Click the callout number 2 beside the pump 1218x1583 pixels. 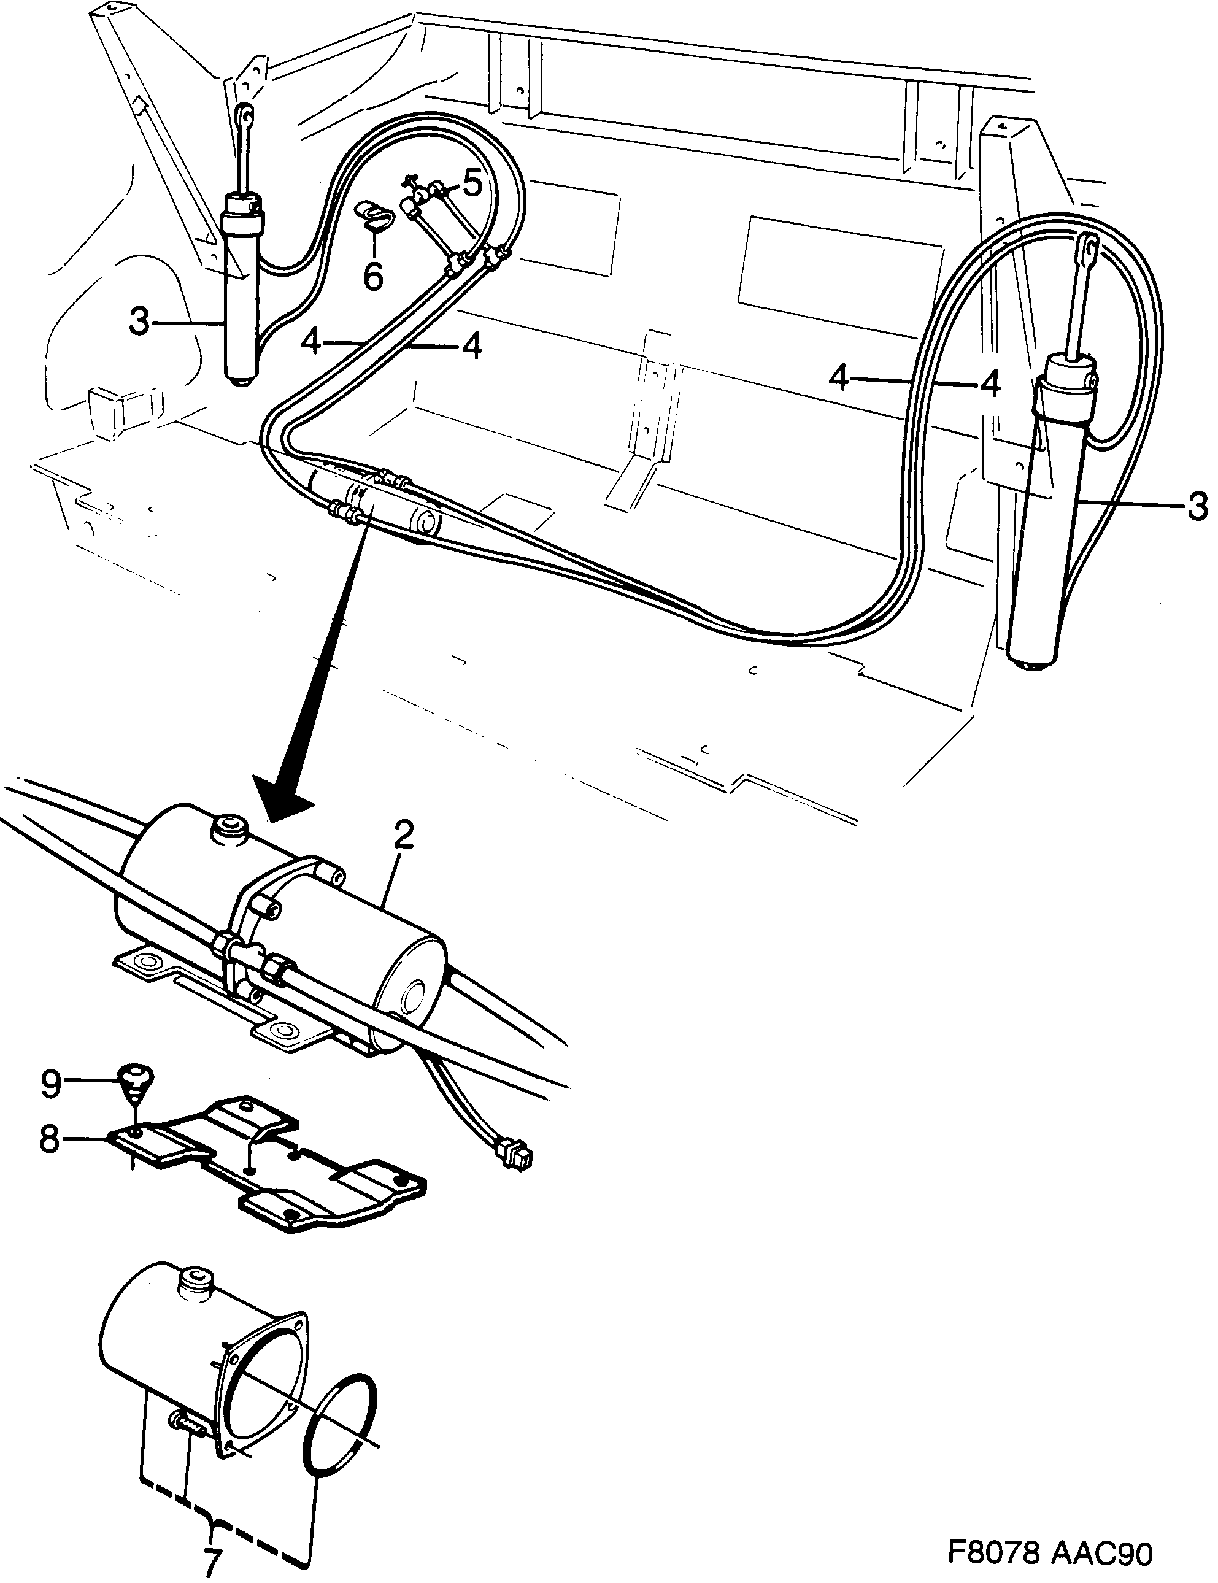[x=403, y=836]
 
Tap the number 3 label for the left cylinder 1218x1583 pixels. [x=139, y=323]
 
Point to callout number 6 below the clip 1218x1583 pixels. [x=372, y=277]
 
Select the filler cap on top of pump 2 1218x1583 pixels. [x=228, y=828]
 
